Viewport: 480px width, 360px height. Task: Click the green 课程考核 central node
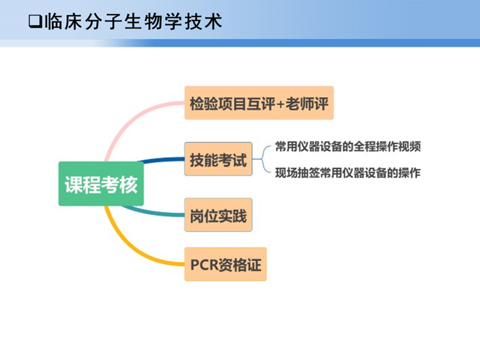(x=101, y=184)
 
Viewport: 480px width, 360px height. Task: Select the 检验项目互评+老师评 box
(x=259, y=103)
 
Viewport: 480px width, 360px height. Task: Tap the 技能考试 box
(x=217, y=160)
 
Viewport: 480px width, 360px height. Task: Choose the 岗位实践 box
(x=217, y=215)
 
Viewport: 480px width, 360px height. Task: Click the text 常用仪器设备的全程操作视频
(x=347, y=146)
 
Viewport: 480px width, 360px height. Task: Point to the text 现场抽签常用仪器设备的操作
(x=347, y=173)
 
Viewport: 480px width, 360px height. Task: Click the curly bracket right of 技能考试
(x=263, y=160)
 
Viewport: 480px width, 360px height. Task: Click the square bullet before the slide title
(x=35, y=22)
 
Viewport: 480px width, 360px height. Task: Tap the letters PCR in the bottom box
(x=204, y=265)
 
